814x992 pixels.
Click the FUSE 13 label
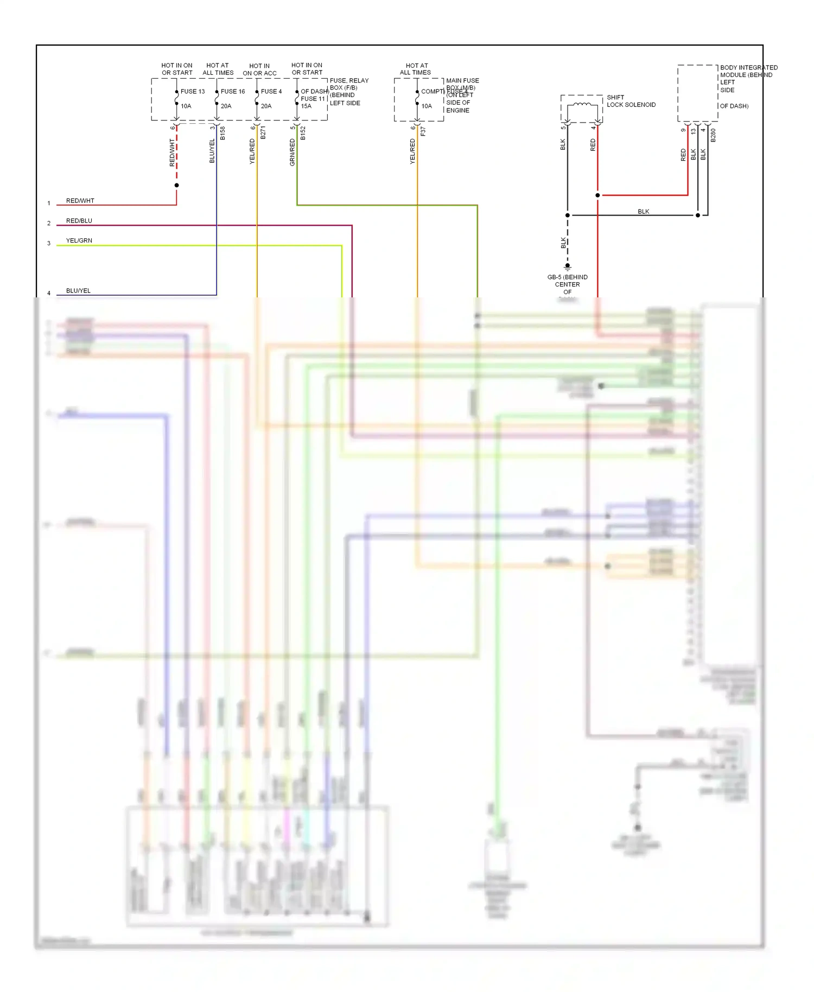[193, 91]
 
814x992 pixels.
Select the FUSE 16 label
[233, 91]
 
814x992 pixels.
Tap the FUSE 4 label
[271, 91]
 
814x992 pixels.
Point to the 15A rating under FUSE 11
[306, 106]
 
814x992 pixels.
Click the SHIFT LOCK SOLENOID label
[631, 101]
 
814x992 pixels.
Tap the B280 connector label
[713, 135]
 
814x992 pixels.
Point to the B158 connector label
[222, 133]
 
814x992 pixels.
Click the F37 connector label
[423, 131]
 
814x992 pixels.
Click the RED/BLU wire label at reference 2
[79, 221]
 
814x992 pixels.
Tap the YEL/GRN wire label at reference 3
[79, 240]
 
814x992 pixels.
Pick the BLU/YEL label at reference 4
[78, 291]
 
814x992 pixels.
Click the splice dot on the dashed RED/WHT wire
[176, 186]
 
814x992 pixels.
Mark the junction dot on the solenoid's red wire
[597, 195]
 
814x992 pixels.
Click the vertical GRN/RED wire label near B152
[292, 152]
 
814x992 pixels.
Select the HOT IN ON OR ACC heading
[259, 69]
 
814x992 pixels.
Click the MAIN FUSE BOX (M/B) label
[462, 84]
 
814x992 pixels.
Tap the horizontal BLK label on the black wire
[643, 212]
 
